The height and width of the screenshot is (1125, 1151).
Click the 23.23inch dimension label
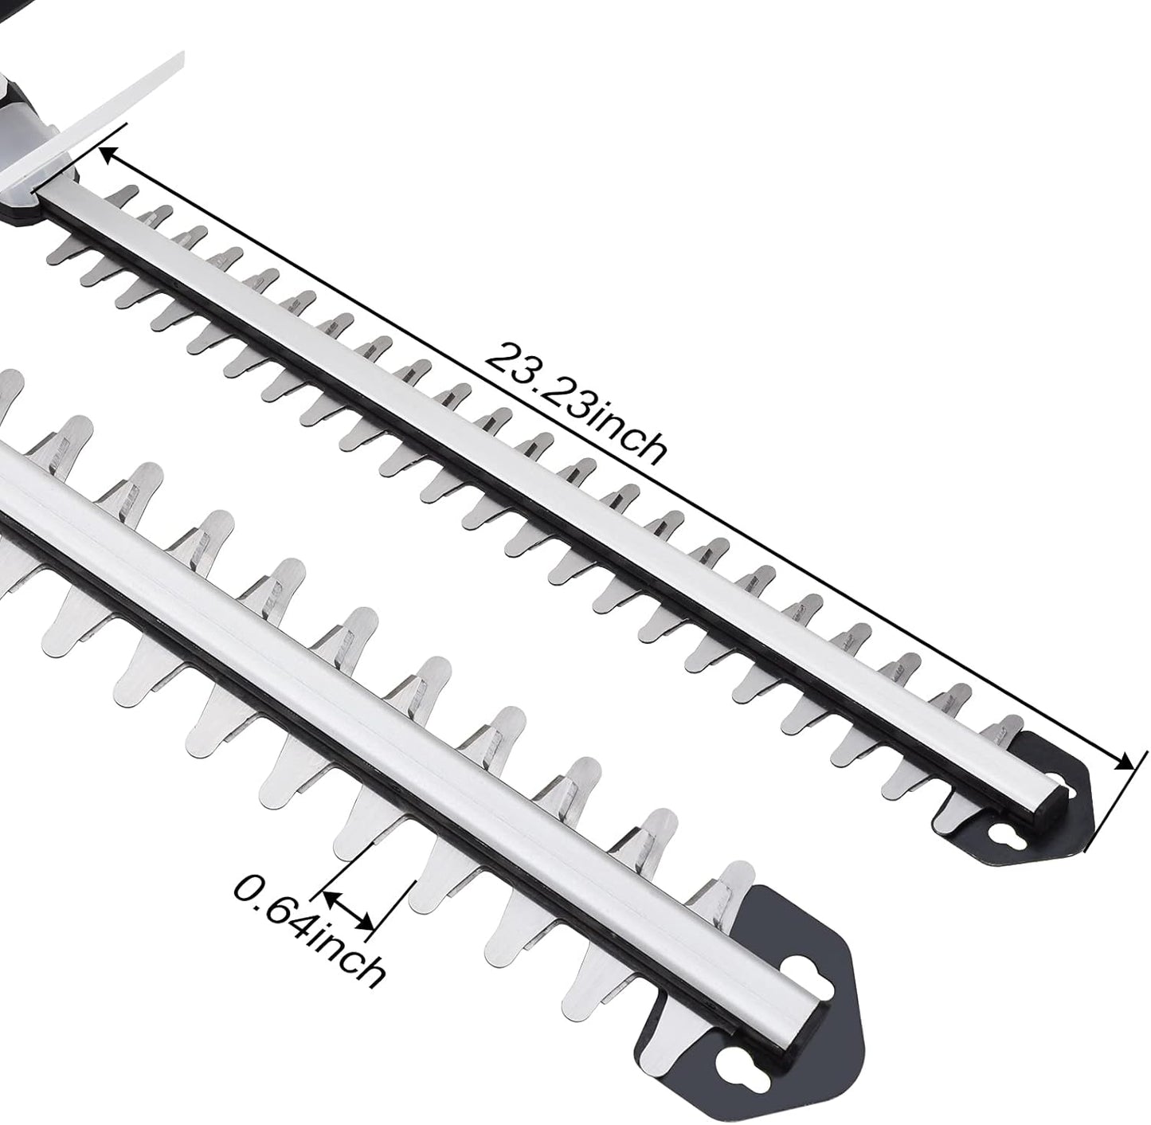click(574, 402)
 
